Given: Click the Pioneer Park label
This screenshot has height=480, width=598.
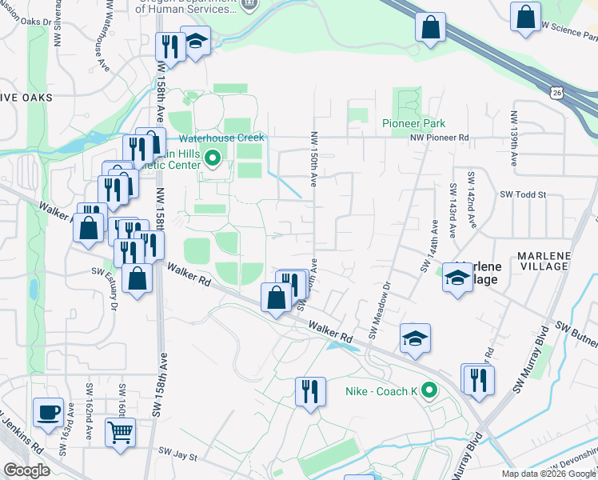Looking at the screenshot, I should (x=413, y=124).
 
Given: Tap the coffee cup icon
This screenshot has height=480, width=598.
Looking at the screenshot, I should (x=48, y=412).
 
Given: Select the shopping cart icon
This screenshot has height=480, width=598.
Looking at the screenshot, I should (x=120, y=433).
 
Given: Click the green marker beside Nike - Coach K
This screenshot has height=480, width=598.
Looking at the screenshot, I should (x=429, y=391).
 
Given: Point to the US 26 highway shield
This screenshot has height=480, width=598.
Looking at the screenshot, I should (x=556, y=94).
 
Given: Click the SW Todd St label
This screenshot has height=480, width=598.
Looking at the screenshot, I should (x=522, y=194).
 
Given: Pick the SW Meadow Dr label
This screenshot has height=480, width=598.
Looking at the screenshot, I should (x=379, y=308).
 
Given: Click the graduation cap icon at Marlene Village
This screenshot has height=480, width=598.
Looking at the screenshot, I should (x=457, y=278).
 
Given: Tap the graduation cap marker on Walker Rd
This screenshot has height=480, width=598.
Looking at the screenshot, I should (x=415, y=338).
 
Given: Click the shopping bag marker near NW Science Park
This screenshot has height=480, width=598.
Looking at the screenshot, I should (x=525, y=18).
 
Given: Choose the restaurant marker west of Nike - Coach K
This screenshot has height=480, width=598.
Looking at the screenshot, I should (x=309, y=391).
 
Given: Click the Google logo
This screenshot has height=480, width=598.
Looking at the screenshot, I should (x=27, y=470).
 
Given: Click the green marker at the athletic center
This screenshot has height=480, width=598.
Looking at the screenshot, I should (x=213, y=158).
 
